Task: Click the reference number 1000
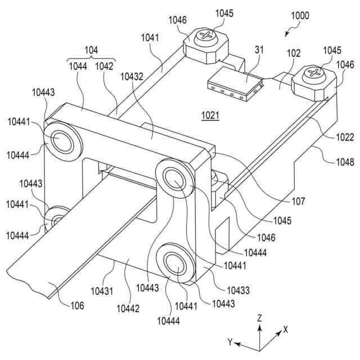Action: point(300,16)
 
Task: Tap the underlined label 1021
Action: point(210,115)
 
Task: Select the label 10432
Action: point(132,76)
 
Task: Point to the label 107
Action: point(298,201)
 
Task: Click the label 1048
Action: point(345,162)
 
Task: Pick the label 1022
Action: point(345,137)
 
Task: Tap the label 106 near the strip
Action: point(77,305)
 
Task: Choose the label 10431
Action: point(102,291)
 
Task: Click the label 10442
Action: point(128,309)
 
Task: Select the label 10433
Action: point(238,290)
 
